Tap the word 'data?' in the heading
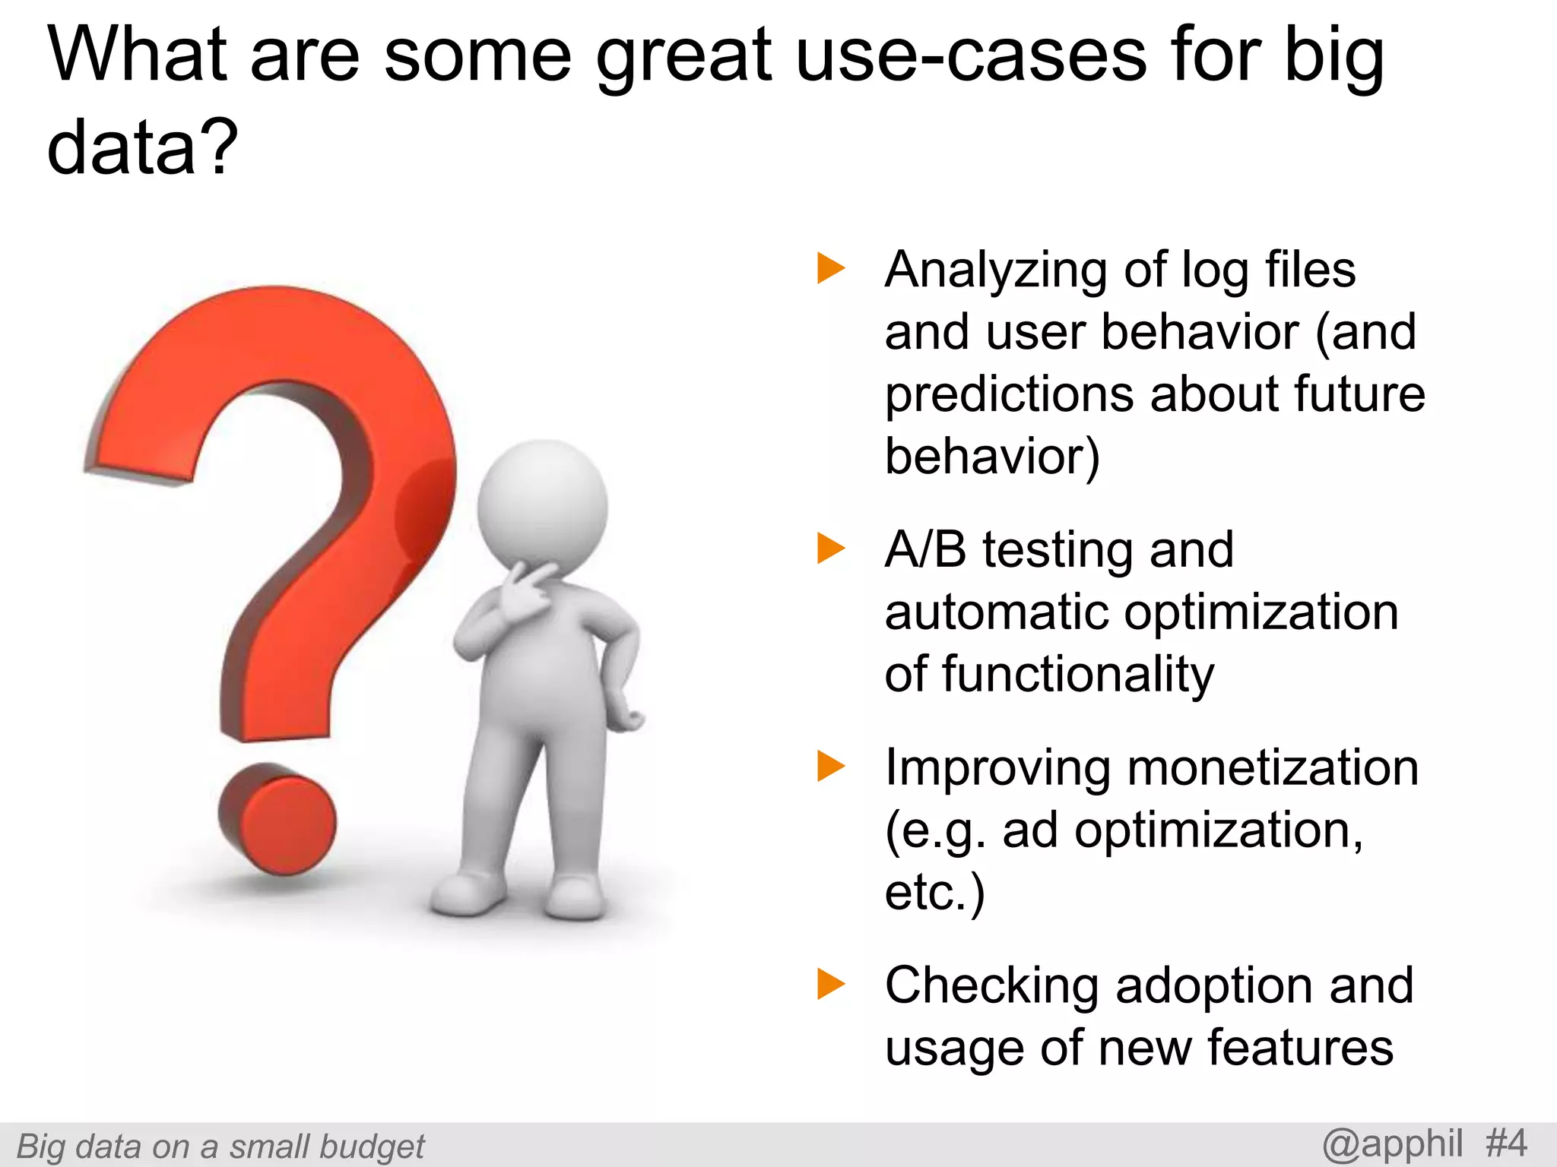142,146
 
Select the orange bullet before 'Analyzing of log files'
830,268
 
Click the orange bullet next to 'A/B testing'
830,549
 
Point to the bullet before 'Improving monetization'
830,766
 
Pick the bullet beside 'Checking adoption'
830,984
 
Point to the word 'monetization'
1273,767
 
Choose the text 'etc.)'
934,892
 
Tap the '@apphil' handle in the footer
1392,1144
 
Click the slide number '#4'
1505,1143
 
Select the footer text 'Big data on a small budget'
220,1146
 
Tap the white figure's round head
542,505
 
